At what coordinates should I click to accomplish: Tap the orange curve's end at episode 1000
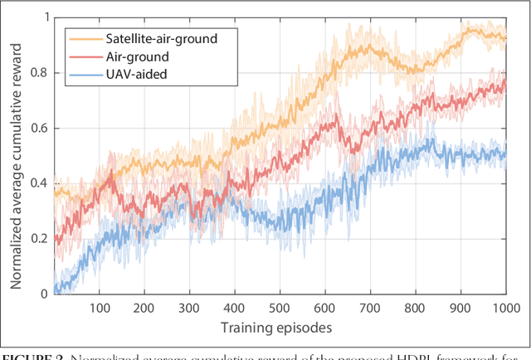coord(504,36)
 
